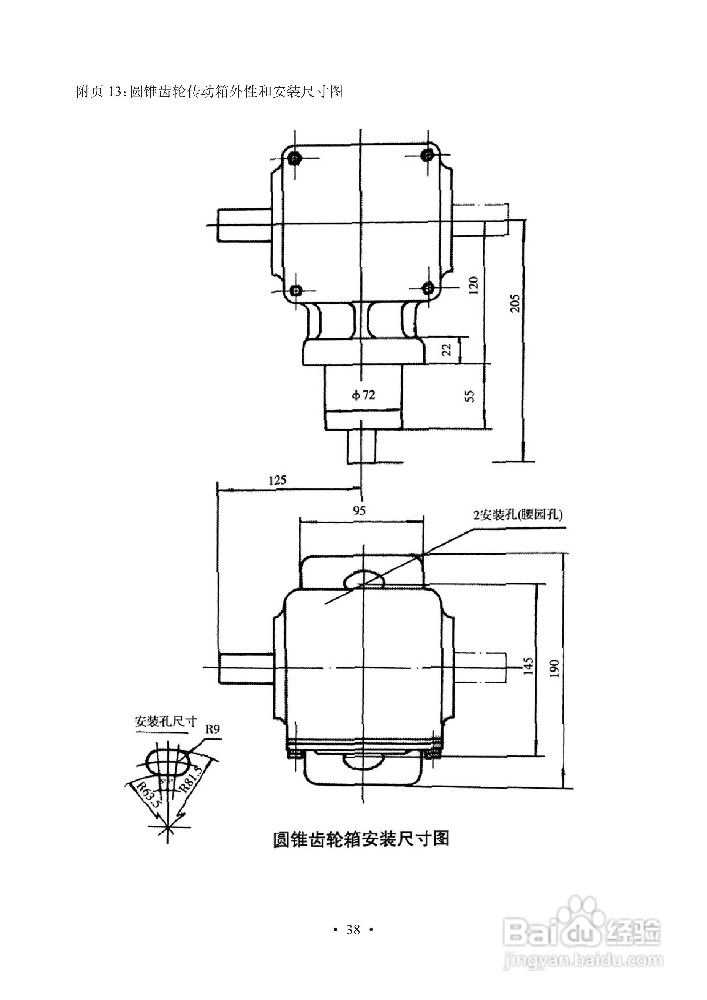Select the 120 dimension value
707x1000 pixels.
coord(474,285)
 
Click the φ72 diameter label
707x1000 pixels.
coord(363,395)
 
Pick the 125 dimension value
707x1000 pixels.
coord(278,480)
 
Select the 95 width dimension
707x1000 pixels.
coord(359,510)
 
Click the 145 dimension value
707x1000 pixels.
coord(528,666)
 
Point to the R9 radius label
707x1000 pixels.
coord(213,730)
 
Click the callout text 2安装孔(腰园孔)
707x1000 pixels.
coord(518,515)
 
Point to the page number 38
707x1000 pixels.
coord(353,930)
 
